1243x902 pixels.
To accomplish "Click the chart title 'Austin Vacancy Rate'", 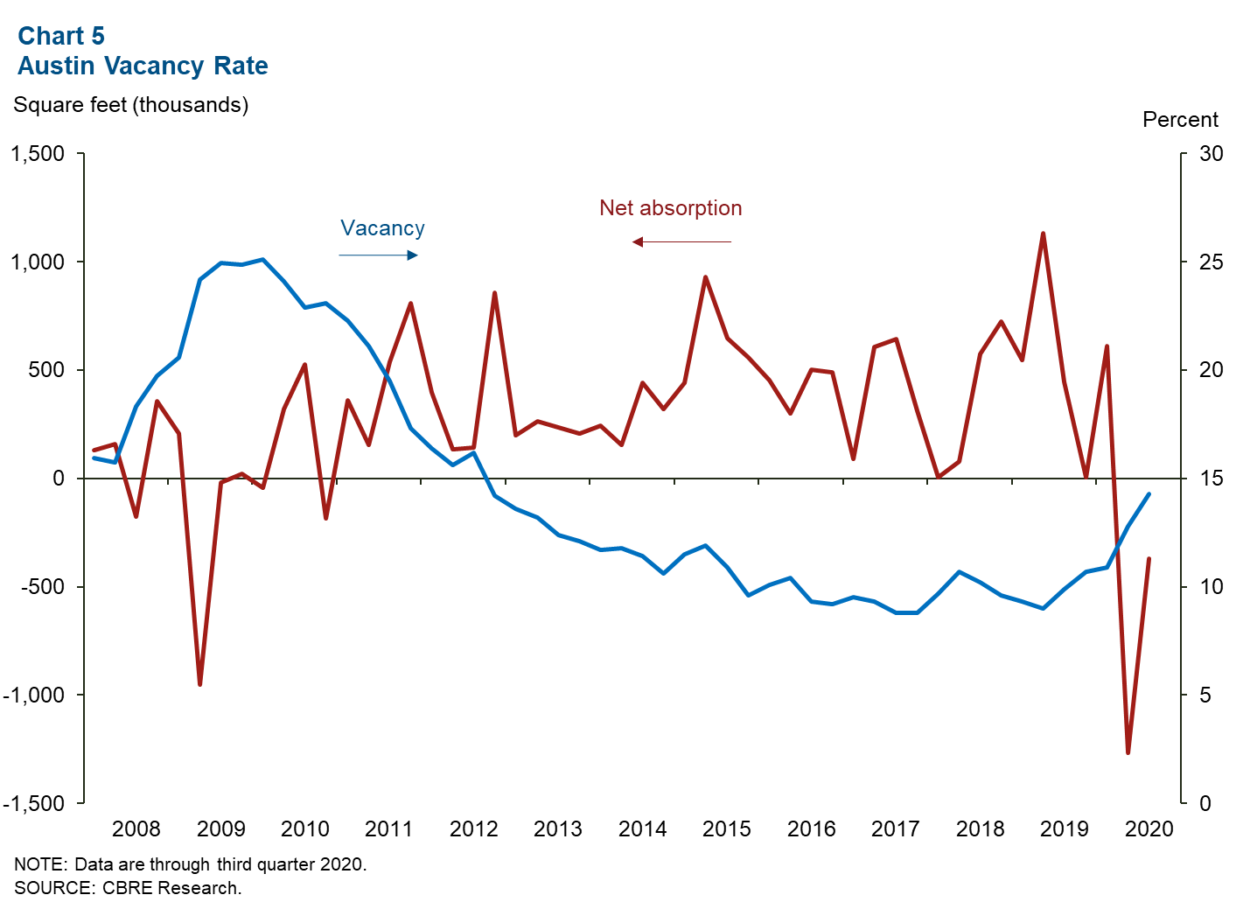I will (143, 66).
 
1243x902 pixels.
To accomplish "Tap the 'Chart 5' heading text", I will (61, 36).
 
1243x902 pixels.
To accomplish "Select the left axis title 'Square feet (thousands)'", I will (131, 105).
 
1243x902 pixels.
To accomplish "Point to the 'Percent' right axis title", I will (1180, 120).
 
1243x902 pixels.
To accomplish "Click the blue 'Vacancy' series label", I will (382, 228).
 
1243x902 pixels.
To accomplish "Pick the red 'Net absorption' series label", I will (670, 208).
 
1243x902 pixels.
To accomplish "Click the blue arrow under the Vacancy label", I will (378, 255).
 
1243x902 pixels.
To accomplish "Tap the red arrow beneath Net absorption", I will (681, 241).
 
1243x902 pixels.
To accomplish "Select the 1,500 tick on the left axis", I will (38, 154).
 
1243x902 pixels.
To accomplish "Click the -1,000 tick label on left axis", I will (34, 695).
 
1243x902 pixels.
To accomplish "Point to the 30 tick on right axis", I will (1211, 154).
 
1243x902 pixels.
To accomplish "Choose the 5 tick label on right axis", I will (1205, 695).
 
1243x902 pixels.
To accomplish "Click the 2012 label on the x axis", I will (473, 829).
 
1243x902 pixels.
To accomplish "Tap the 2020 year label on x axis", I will (1149, 829).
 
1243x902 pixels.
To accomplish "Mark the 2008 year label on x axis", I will (136, 829).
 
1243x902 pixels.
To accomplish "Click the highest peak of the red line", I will (1043, 234).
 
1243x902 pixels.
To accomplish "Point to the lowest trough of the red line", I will (1128, 752).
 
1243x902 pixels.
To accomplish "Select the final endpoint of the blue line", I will (1149, 494).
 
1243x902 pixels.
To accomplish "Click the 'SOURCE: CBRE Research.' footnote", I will (128, 888).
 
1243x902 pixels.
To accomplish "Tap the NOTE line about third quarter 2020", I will (191, 864).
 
